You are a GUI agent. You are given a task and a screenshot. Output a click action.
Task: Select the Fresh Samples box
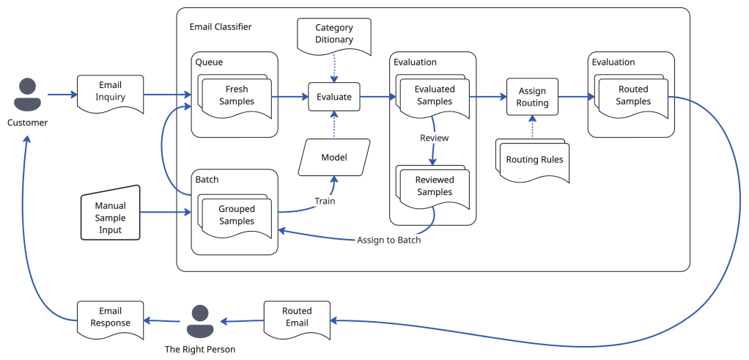236,96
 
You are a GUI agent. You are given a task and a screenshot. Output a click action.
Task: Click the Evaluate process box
333,96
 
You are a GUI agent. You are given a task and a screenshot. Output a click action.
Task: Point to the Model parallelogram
333,158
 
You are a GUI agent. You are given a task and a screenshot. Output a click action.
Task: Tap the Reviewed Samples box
435,186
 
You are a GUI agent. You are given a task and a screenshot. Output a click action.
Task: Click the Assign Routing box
532,97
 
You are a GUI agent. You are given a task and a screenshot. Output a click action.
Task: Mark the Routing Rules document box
533,159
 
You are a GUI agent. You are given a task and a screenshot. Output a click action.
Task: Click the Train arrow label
325,201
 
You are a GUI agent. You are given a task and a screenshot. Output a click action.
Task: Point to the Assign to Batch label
388,240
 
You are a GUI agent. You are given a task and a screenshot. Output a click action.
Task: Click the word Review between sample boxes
434,138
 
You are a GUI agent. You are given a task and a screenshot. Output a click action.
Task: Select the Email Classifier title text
221,27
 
